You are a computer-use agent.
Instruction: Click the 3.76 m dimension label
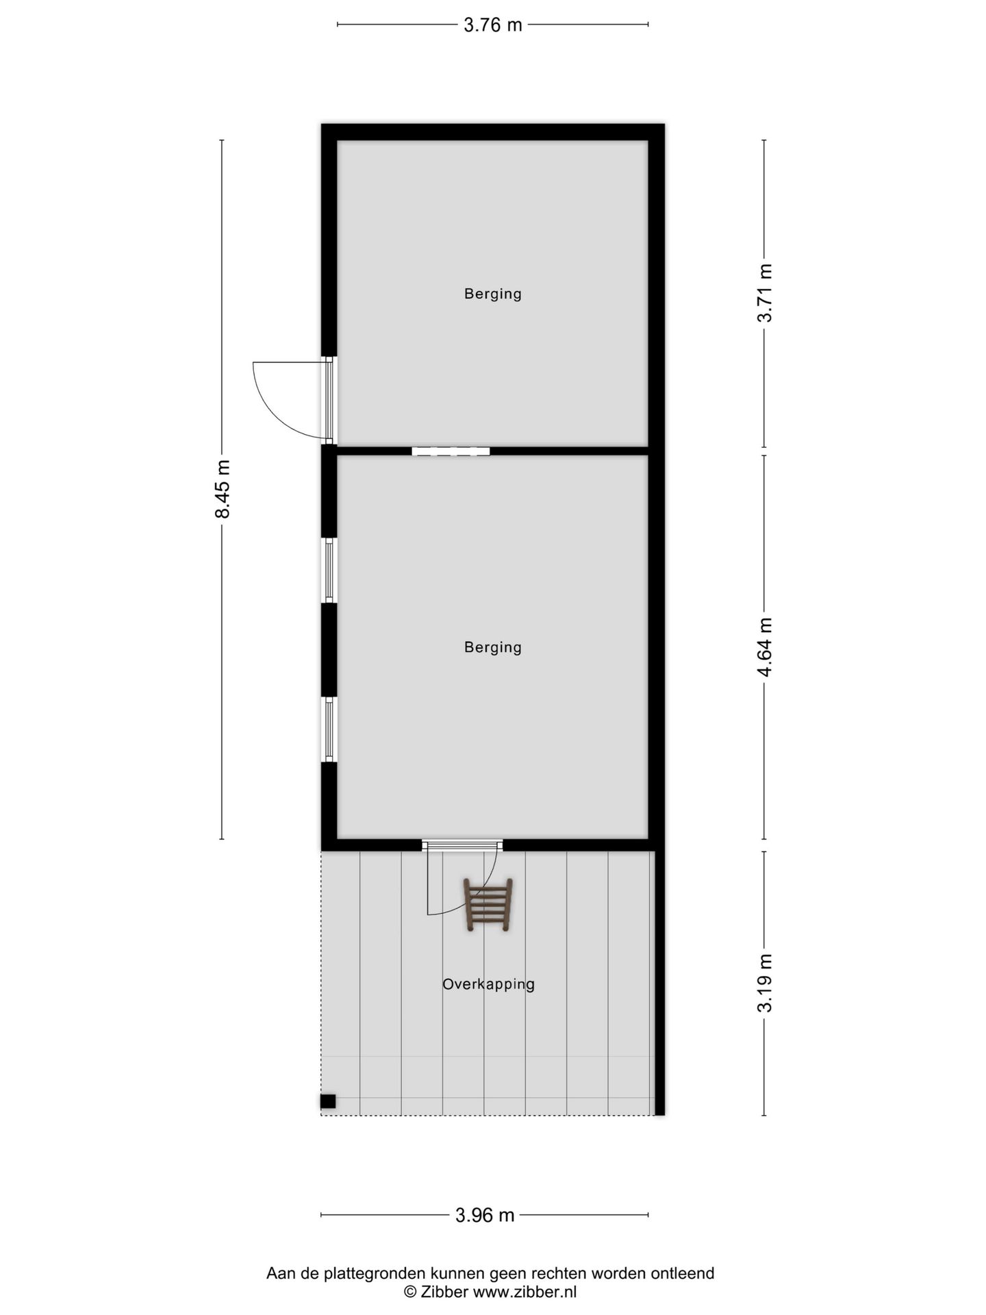tap(492, 25)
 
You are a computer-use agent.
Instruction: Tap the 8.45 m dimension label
tap(223, 488)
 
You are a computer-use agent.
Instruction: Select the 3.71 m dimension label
tap(764, 292)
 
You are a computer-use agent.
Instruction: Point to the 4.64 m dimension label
tap(764, 647)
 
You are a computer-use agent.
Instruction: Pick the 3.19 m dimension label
tap(764, 983)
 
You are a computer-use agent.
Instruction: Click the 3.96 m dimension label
tap(484, 1215)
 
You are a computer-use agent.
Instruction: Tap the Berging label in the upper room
tap(492, 294)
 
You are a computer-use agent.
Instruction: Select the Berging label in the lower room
tap(492, 647)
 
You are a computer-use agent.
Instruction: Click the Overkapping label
tap(488, 984)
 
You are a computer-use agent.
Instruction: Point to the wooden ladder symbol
tap(488, 905)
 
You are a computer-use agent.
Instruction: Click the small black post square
tap(328, 1101)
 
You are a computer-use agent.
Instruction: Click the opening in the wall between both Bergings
tap(451, 451)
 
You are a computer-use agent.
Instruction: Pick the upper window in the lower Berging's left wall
tap(329, 570)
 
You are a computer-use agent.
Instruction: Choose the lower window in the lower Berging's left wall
tap(329, 729)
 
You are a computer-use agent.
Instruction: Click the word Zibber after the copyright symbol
tap(444, 1292)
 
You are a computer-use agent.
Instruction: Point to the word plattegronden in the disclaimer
tap(375, 1273)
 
